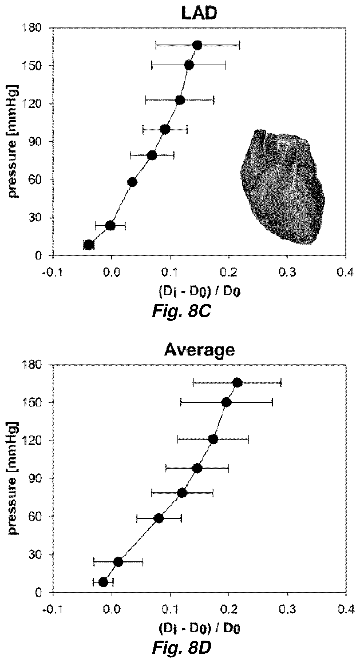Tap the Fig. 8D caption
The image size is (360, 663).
pyautogui.click(x=181, y=648)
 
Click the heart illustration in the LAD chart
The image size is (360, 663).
pyautogui.click(x=283, y=186)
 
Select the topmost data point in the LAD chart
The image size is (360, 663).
pyautogui.click(x=197, y=45)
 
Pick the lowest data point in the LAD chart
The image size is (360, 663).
pyautogui.click(x=89, y=245)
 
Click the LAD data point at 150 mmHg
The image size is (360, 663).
pyautogui.click(x=189, y=65)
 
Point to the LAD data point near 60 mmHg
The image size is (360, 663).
pyautogui.click(x=133, y=182)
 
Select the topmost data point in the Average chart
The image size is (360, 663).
pyautogui.click(x=237, y=383)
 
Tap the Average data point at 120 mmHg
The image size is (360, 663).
pyautogui.click(x=213, y=439)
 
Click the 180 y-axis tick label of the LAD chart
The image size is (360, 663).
pyautogui.click(x=34, y=28)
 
